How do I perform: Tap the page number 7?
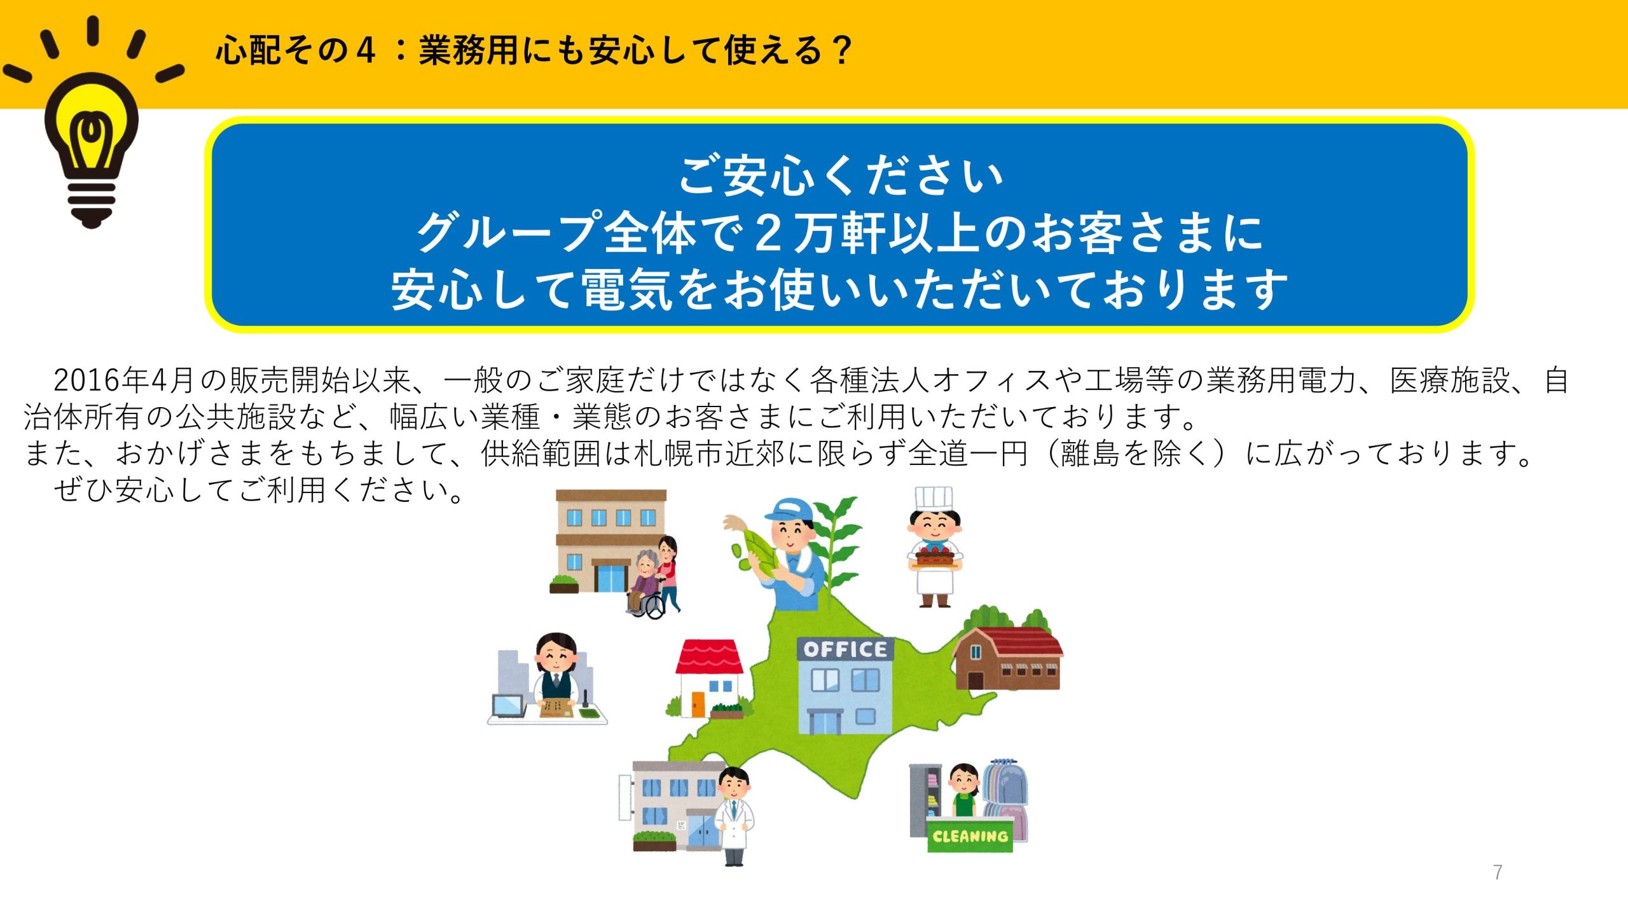pyautogui.click(x=1498, y=872)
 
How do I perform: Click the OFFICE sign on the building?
pyautogui.click(x=845, y=649)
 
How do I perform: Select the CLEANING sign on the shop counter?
pyautogui.click(x=970, y=836)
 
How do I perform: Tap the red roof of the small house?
pyautogui.click(x=709, y=656)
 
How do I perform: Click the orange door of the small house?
pyautogui.click(x=698, y=703)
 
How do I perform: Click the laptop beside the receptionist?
pyautogui.click(x=508, y=705)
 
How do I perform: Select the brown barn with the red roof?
pyautogui.click(x=1007, y=658)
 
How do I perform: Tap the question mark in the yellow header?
pyautogui.click(x=841, y=50)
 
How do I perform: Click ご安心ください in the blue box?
pyautogui.click(x=841, y=175)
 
